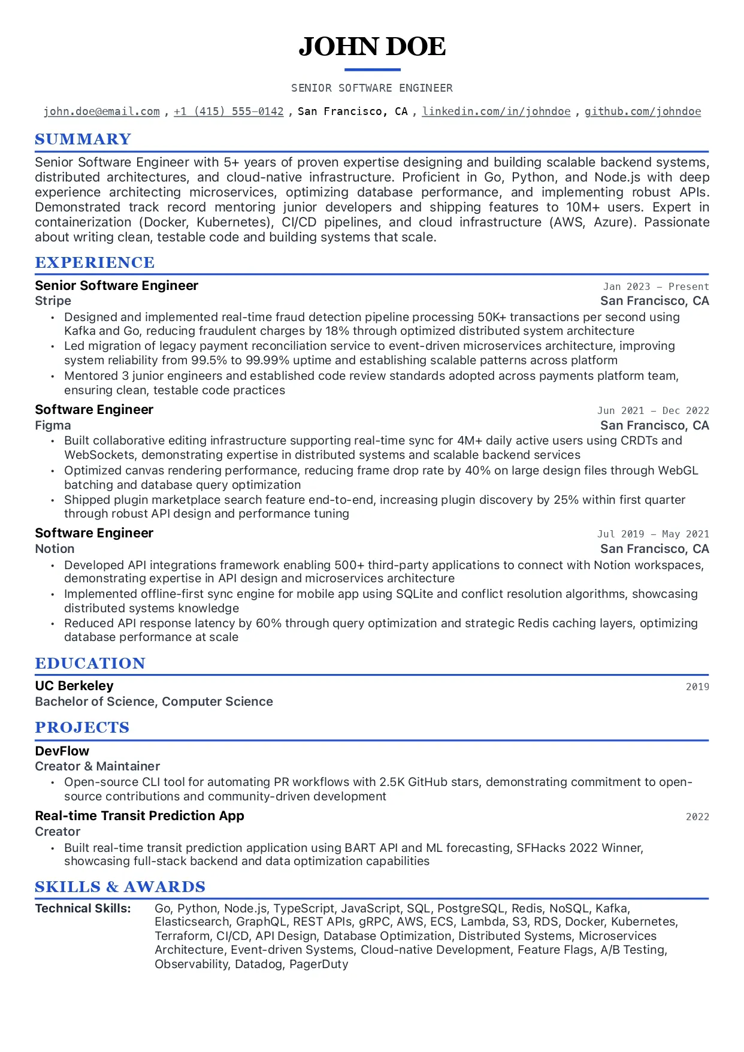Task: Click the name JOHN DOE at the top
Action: pos(372,47)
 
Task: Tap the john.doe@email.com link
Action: pos(102,111)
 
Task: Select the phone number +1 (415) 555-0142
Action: pos(228,111)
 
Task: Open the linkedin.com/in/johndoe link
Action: pos(496,111)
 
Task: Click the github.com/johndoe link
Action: pos(642,111)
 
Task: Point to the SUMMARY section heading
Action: pos(83,140)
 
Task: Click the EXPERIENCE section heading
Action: pos(95,263)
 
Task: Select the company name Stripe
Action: pos(53,301)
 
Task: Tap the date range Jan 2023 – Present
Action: pos(655,287)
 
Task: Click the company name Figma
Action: pos(53,425)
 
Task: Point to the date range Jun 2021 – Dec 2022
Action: pos(652,411)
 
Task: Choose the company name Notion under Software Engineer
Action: pos(55,549)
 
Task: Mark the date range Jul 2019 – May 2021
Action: pos(652,534)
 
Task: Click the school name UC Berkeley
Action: pos(74,686)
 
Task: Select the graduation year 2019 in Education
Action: pos(697,687)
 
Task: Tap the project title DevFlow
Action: pos(62,751)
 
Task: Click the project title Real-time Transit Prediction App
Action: pos(140,816)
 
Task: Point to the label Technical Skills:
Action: pos(83,908)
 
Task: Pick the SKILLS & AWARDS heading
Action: pos(120,887)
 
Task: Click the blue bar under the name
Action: pos(372,70)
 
